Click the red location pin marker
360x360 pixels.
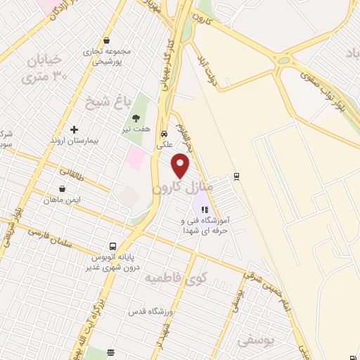181,166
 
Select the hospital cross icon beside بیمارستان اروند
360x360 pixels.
74,129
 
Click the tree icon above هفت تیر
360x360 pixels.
136,118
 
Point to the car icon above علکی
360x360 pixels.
164,133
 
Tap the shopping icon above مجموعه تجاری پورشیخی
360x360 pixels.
105,41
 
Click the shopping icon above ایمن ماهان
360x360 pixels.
63,188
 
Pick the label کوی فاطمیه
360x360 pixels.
172,278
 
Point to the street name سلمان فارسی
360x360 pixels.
49,236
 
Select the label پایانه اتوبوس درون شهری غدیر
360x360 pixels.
113,262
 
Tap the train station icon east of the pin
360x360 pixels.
237,176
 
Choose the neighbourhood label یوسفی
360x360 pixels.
252,342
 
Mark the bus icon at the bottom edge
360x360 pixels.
110,352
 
